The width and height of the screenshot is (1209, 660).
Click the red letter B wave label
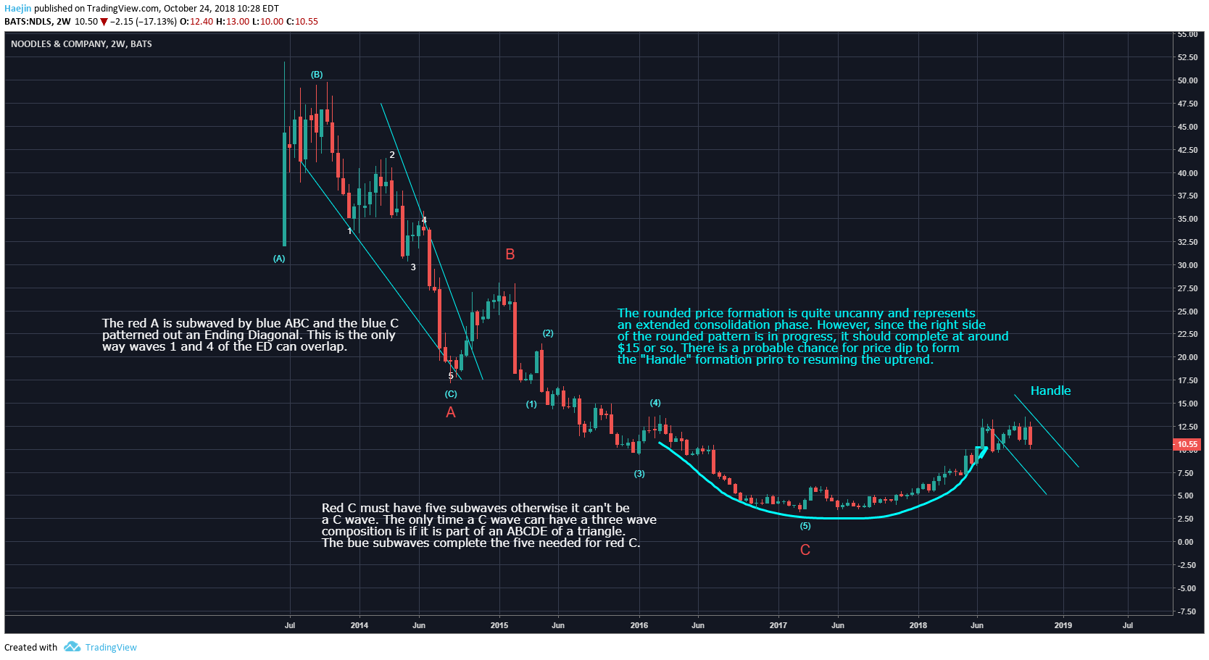pos(510,254)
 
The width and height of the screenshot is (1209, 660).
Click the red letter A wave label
pos(451,412)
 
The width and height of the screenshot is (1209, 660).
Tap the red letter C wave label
pos(805,550)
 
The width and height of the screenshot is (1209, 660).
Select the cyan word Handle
pos(1050,391)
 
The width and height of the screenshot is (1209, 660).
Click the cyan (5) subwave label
pos(805,526)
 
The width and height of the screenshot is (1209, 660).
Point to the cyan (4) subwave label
pos(655,403)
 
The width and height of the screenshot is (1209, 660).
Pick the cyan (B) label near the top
pos(317,75)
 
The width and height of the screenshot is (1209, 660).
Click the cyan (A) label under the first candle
pos(279,259)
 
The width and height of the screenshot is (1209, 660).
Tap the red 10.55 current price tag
pos(1187,444)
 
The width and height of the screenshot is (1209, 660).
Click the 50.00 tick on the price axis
pos(1187,80)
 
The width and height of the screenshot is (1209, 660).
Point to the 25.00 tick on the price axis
pos(1187,312)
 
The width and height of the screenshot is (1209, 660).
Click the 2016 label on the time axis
pos(639,625)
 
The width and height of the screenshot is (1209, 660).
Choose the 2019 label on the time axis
pos(1063,625)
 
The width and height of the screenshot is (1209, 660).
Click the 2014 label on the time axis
pos(360,625)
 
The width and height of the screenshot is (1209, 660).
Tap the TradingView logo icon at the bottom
pos(72,647)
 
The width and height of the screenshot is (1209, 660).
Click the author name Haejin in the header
pos(18,9)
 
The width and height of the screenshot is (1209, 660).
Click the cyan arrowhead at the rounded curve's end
pos(983,452)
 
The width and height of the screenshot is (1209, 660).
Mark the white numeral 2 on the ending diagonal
pos(392,155)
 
